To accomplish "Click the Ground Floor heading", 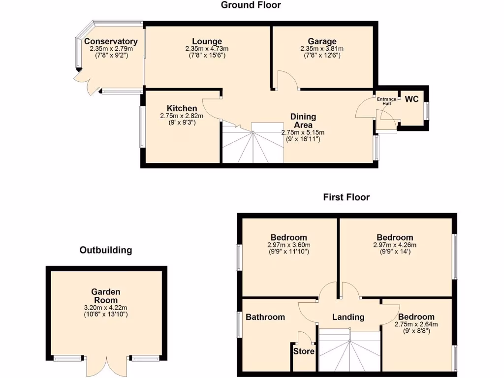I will click(x=251, y=5).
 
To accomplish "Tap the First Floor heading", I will click(x=346, y=197).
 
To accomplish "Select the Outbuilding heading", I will click(x=106, y=250).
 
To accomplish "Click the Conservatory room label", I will click(x=110, y=42).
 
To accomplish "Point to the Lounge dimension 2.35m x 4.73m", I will click(x=207, y=49).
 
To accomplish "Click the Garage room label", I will click(x=322, y=41).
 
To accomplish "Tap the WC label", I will click(x=411, y=99).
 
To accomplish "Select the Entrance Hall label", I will click(x=386, y=101).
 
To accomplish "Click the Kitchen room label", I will click(x=182, y=108).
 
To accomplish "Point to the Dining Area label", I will click(x=303, y=121).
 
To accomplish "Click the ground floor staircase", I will click(x=253, y=145).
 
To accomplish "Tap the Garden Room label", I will click(x=106, y=296).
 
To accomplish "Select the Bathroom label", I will click(x=265, y=317).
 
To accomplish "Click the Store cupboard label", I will click(x=304, y=351).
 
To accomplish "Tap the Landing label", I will click(x=348, y=317).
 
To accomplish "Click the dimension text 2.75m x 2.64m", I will click(x=416, y=324).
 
